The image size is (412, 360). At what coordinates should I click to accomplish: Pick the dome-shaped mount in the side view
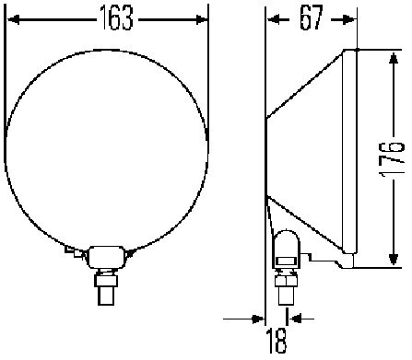285,248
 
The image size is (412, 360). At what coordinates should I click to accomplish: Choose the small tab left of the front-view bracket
70,249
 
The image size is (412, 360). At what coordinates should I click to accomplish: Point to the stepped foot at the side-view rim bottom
345,264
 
